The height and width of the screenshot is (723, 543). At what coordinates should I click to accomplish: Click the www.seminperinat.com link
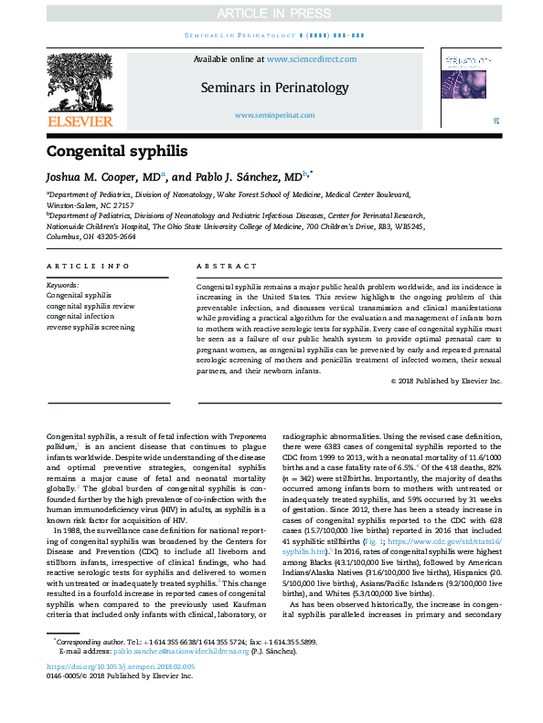tap(274, 115)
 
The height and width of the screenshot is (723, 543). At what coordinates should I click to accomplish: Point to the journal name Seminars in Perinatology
tap(274, 89)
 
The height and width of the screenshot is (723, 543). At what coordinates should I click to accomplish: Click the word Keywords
tap(62, 286)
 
